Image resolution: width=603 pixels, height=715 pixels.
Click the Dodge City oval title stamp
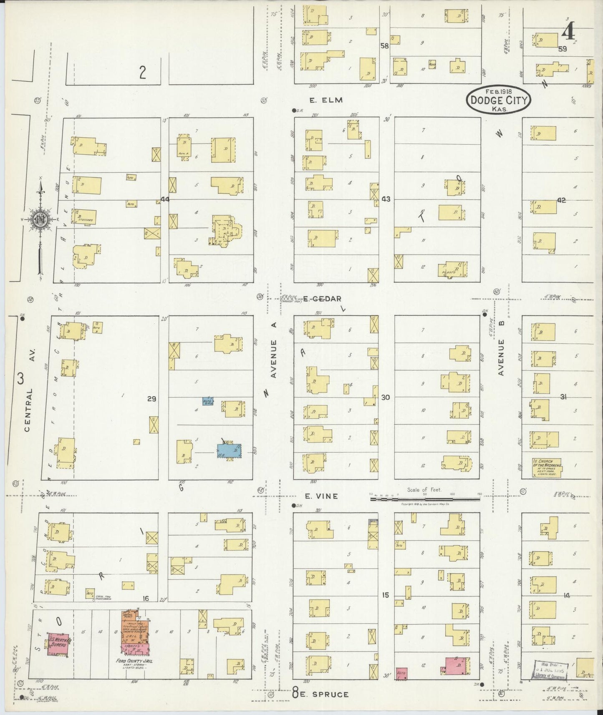[x=499, y=99]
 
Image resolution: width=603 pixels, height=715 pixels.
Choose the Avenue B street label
[x=501, y=357]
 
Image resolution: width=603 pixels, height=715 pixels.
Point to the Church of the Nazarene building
[x=546, y=468]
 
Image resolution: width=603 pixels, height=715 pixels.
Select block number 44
[x=165, y=199]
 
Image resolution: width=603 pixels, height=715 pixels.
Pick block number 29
[x=151, y=399]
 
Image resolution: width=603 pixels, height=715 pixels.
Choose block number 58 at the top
[x=384, y=46]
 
